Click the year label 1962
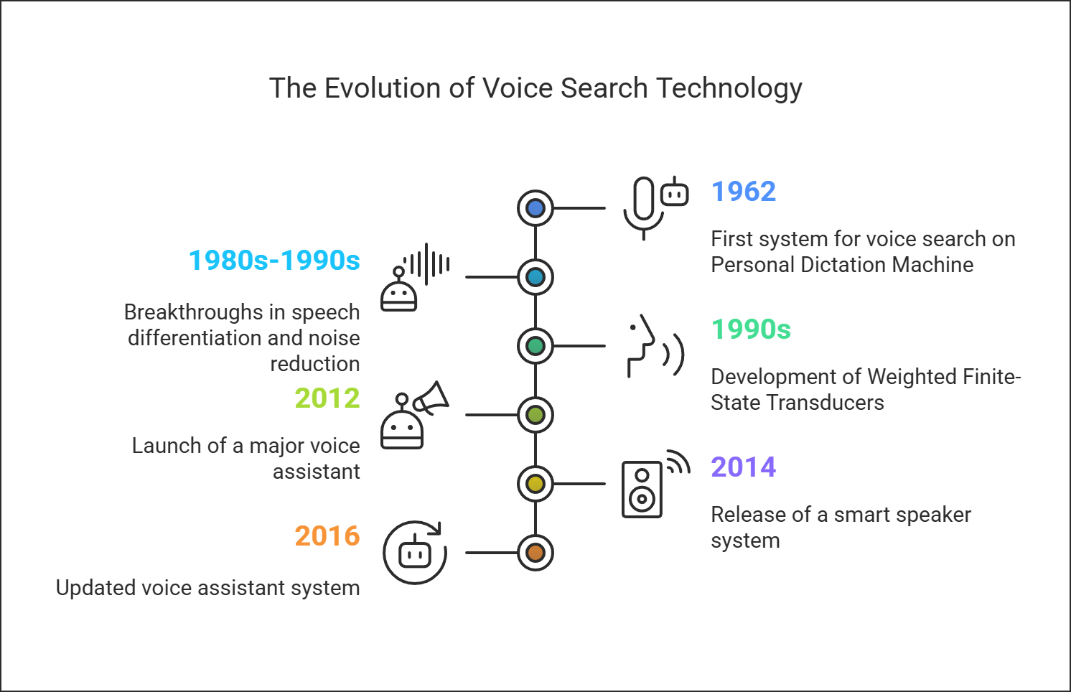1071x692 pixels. pyautogui.click(x=744, y=192)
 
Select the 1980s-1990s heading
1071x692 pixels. pyautogui.click(x=274, y=261)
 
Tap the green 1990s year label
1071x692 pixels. pyautogui.click(x=751, y=329)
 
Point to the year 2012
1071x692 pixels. pyautogui.click(x=327, y=398)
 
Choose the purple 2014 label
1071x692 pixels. pyautogui.click(x=744, y=467)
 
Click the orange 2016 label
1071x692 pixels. pyautogui.click(x=327, y=536)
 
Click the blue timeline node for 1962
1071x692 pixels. pyautogui.click(x=535, y=208)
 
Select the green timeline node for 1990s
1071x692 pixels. pyautogui.click(x=535, y=346)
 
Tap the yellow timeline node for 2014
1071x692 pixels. pyautogui.click(x=535, y=484)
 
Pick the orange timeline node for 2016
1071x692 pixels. pyautogui.click(x=535, y=552)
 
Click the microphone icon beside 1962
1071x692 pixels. pyautogui.click(x=644, y=208)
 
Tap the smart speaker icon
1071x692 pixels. pyautogui.click(x=642, y=490)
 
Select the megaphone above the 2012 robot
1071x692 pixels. pyautogui.click(x=431, y=398)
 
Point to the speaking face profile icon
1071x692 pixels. pyautogui.click(x=655, y=346)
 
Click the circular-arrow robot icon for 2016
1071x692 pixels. pyautogui.click(x=415, y=552)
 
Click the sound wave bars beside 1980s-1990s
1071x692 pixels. pyautogui.click(x=426, y=264)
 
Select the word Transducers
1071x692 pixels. pyautogui.click(x=826, y=403)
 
